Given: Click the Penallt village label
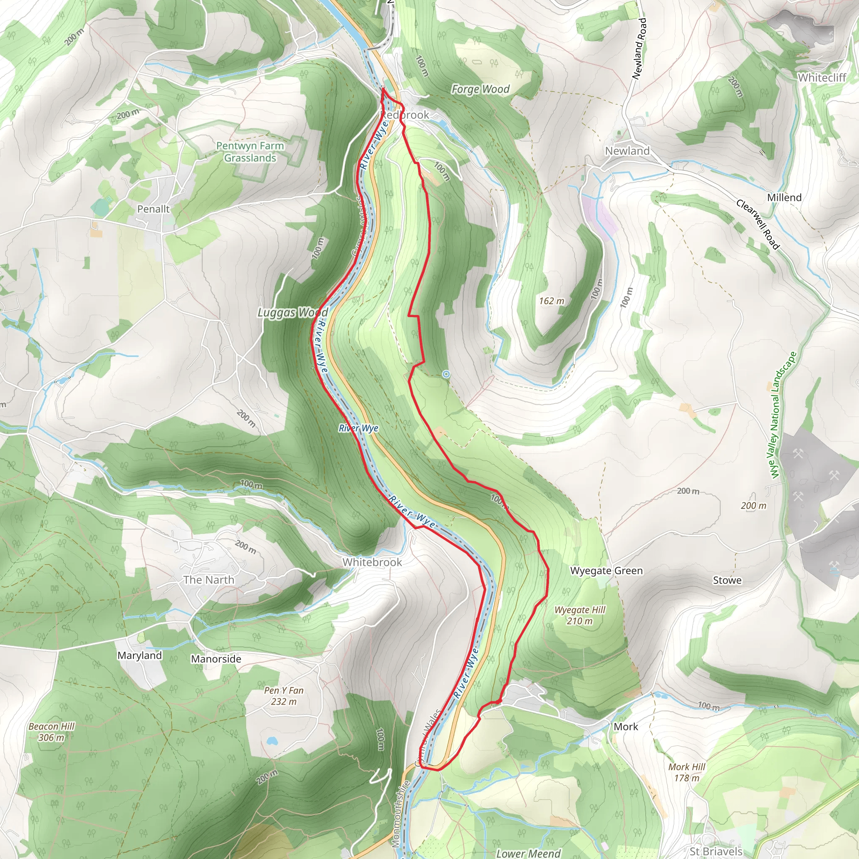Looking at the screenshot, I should tap(154, 209).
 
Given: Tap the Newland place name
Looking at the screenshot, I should tap(627, 151).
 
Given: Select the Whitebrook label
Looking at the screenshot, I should tap(372, 562).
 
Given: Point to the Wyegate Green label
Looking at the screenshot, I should tap(606, 570).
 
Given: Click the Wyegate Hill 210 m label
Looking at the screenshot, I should tap(580, 615).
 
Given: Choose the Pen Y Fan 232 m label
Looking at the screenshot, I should tap(284, 696).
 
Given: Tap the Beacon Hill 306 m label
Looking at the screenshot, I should tap(52, 732).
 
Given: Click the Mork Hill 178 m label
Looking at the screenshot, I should tap(687, 772).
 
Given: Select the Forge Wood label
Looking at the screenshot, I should tap(480, 89).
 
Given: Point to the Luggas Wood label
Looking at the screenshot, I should tap(293, 312).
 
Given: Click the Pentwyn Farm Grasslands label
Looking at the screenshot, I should tap(250, 151).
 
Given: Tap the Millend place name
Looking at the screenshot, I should tap(784, 198).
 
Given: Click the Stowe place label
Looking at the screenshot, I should tap(727, 580).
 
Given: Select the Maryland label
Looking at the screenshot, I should tap(140, 656).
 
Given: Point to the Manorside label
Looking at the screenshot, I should tap(216, 659).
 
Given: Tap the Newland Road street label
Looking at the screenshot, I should tap(639, 49).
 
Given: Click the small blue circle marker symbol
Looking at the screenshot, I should tap(446, 375).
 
